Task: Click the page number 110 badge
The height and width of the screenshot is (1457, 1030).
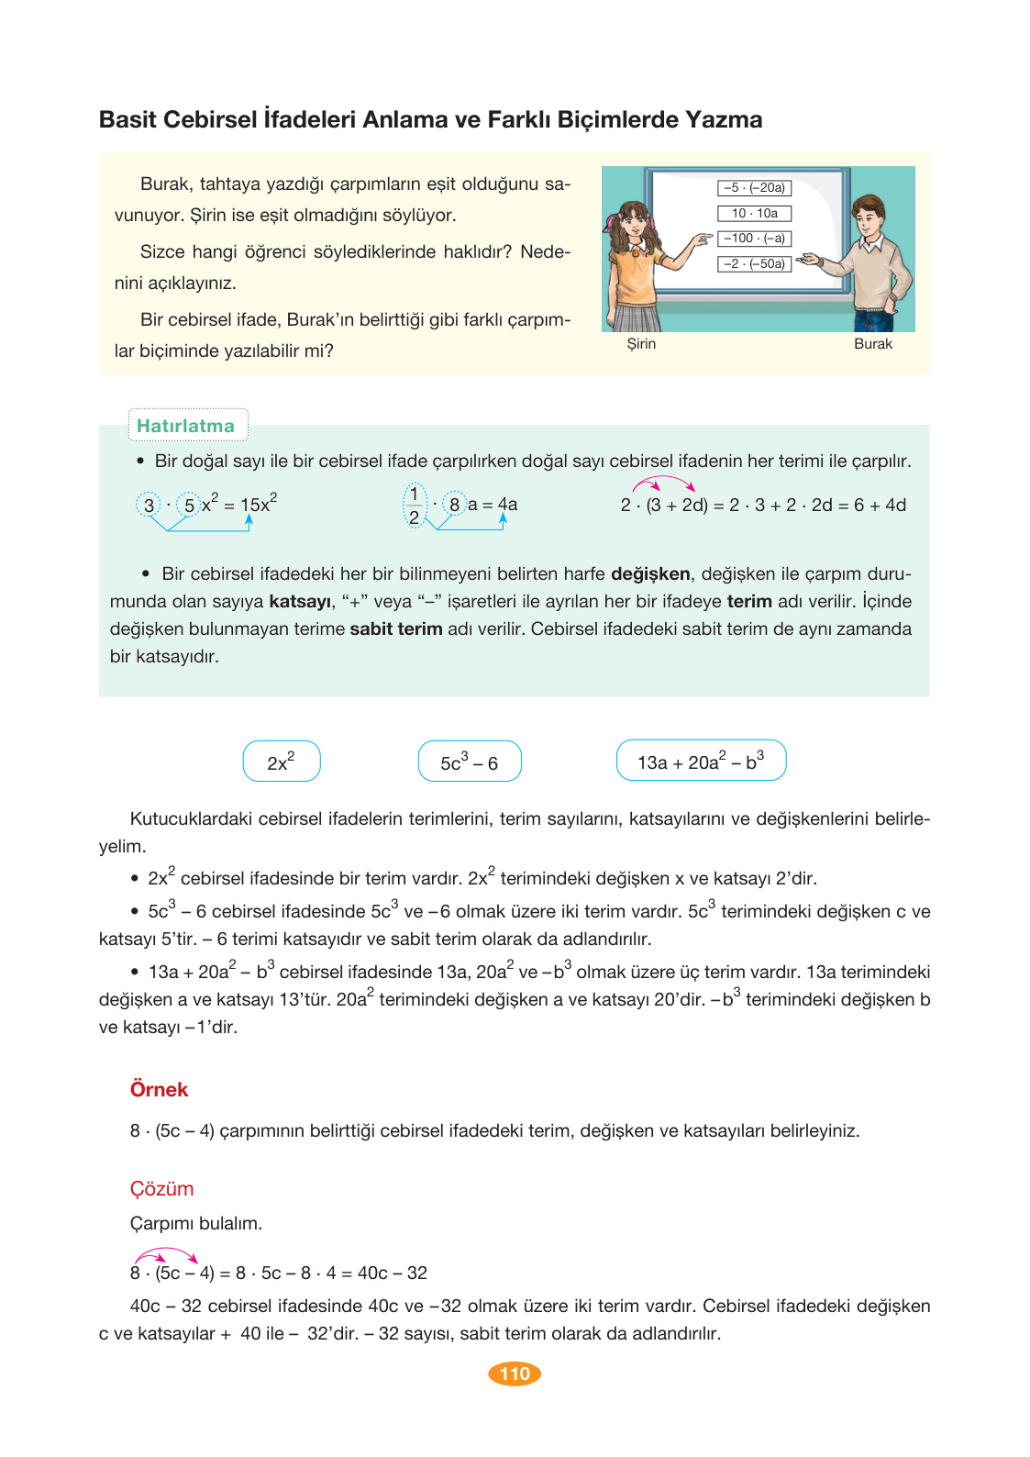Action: pyautogui.click(x=515, y=1374)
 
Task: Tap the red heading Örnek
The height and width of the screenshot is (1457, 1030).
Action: pyautogui.click(x=159, y=1089)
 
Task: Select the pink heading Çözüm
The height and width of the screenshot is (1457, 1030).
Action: pyautogui.click(x=161, y=1188)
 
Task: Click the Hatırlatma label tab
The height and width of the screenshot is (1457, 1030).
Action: pyautogui.click(x=186, y=426)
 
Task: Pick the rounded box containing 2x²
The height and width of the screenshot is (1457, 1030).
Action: pyautogui.click(x=281, y=762)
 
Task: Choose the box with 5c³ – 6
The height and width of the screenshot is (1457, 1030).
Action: pyautogui.click(x=469, y=762)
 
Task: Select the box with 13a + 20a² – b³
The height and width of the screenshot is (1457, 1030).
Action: pyautogui.click(x=701, y=761)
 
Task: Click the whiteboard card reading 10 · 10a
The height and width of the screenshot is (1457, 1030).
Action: pyautogui.click(x=754, y=213)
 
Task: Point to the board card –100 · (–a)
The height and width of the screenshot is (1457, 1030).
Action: pyautogui.click(x=754, y=239)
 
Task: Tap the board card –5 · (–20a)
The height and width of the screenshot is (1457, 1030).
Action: pyautogui.click(x=754, y=188)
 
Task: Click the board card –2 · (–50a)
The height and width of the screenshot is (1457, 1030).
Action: pyautogui.click(x=754, y=264)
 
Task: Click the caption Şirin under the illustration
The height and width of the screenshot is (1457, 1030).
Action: pyautogui.click(x=641, y=344)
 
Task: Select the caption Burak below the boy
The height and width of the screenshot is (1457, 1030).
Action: pyautogui.click(x=872, y=344)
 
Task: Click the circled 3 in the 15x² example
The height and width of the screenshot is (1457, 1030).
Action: pyautogui.click(x=150, y=505)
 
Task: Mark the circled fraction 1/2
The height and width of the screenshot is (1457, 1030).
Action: pyautogui.click(x=415, y=506)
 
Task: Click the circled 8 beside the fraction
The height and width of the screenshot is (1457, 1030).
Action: pyautogui.click(x=454, y=505)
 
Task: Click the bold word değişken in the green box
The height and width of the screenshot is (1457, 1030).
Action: pyautogui.click(x=650, y=574)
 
